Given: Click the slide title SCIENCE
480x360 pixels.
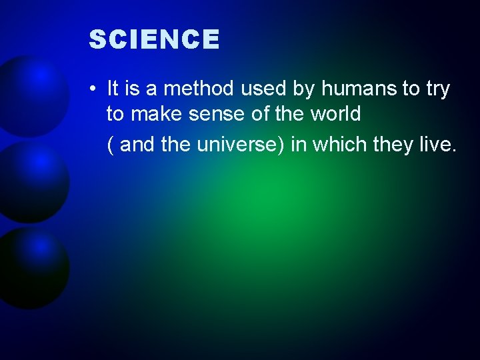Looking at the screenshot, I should point(154,40).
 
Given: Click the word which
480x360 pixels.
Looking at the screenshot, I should point(338,145).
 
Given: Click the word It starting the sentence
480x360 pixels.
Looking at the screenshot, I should point(112,89).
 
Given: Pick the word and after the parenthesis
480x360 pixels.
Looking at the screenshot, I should point(137,145).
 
